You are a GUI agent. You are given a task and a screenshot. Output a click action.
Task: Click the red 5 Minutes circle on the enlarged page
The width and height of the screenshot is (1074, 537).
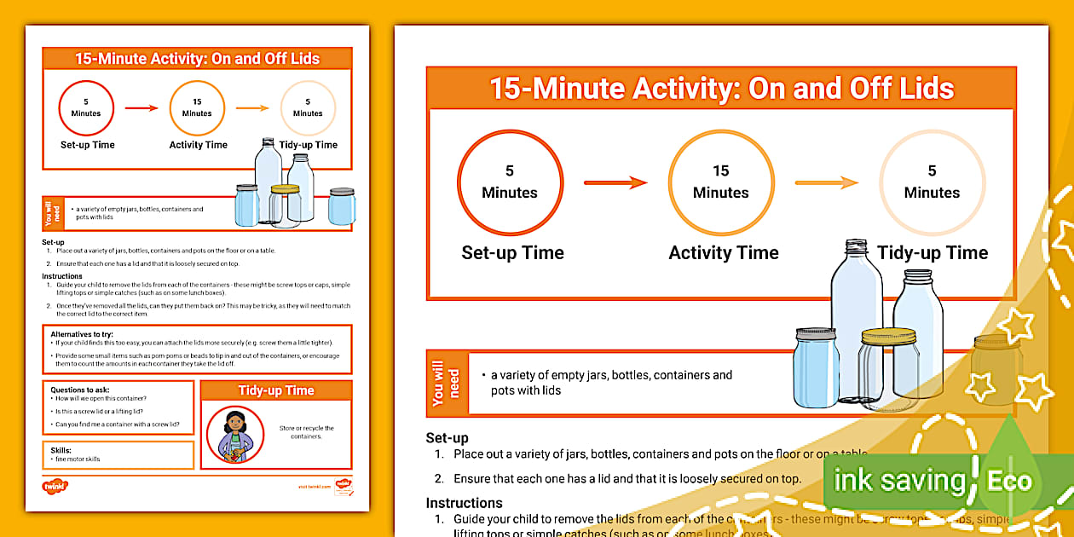click(510, 182)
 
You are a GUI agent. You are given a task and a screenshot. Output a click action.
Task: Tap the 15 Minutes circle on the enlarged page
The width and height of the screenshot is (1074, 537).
click(720, 182)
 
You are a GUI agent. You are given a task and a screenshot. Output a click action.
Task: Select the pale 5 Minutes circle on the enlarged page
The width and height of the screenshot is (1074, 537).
click(932, 182)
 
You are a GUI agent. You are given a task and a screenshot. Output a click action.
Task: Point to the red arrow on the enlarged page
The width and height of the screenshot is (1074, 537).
click(615, 182)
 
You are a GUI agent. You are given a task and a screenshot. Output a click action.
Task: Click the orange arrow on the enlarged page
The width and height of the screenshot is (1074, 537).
click(826, 182)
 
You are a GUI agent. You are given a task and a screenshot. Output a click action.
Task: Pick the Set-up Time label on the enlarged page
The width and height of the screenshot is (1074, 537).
click(512, 253)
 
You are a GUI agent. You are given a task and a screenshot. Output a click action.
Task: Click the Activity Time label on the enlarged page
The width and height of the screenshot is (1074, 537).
click(723, 253)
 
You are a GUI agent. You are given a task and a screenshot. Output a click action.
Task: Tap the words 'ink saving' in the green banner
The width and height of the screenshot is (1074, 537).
click(899, 481)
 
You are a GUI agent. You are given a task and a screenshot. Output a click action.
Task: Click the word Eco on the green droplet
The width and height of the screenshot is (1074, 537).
click(1009, 481)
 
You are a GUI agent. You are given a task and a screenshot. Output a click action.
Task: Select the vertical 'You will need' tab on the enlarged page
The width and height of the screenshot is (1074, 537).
click(447, 383)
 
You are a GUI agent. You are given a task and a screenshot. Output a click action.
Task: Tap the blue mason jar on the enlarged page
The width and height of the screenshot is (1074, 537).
click(816, 368)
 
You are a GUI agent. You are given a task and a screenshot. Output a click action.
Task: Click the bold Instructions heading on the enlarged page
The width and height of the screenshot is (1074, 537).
click(464, 503)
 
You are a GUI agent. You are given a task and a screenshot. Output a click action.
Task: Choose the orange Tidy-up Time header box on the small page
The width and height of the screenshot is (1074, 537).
click(275, 390)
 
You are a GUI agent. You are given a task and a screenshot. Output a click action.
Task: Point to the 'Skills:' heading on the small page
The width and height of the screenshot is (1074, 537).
click(61, 450)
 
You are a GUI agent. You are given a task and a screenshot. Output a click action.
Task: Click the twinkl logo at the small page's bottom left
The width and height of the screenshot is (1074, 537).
click(55, 487)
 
